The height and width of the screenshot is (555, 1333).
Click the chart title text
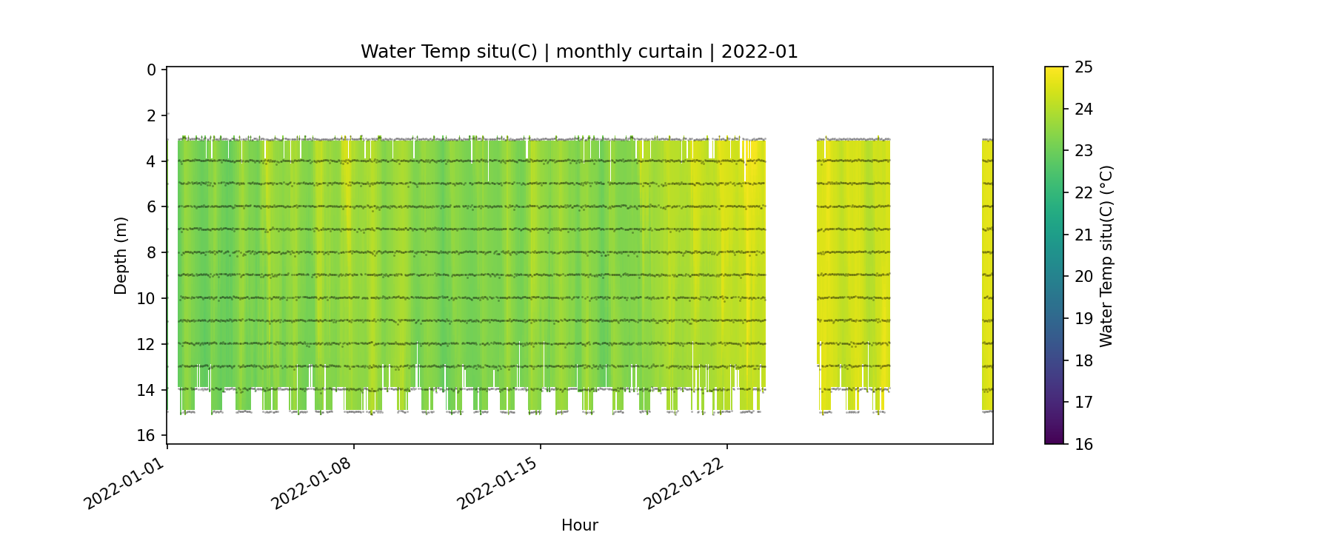(x=579, y=52)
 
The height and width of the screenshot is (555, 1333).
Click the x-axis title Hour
(x=579, y=525)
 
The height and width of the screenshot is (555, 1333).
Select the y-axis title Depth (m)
(x=121, y=255)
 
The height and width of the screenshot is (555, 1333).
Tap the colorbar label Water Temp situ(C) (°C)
(x=1106, y=255)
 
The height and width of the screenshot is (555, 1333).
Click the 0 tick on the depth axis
(x=151, y=70)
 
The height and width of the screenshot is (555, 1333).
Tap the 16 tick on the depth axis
(x=147, y=435)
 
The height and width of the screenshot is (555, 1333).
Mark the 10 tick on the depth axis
(x=147, y=298)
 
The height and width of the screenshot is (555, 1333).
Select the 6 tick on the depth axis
(x=151, y=207)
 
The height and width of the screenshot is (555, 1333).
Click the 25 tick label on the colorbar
(x=1083, y=67)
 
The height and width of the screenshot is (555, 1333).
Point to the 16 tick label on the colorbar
(x=1083, y=444)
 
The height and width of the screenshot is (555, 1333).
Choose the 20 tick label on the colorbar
(x=1083, y=277)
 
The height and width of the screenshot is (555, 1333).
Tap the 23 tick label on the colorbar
(x=1083, y=151)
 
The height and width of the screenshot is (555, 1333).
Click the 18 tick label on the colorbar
(x=1083, y=360)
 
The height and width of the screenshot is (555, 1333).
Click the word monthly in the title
(x=592, y=52)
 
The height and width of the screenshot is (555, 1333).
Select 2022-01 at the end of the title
(x=759, y=52)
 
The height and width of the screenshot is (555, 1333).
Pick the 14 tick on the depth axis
(x=147, y=389)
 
